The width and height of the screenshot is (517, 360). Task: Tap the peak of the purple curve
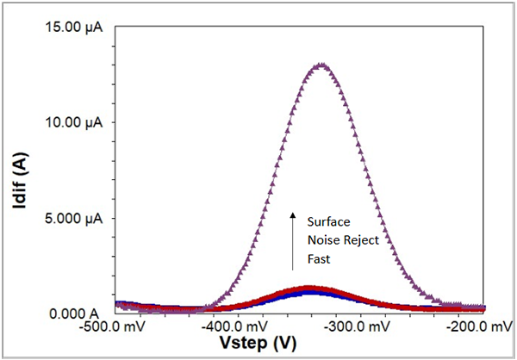pyautogui.click(x=321, y=65)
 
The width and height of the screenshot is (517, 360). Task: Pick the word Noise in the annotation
pyautogui.click(x=325, y=240)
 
